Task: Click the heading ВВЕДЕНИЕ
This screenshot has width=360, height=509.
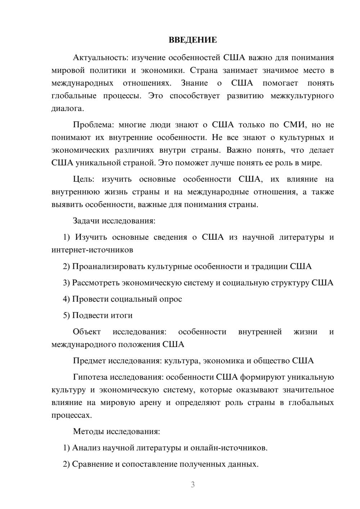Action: (x=193, y=40)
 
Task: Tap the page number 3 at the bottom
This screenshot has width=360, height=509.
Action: (x=193, y=485)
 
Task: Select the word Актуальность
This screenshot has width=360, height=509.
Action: (x=100, y=58)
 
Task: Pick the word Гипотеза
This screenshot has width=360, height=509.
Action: (x=90, y=377)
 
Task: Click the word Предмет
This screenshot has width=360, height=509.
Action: (x=89, y=361)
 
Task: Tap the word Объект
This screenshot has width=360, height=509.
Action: (x=87, y=332)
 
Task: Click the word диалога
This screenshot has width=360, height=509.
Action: (x=67, y=109)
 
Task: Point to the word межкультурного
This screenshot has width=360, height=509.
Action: (x=302, y=96)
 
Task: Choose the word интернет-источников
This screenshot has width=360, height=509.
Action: (x=92, y=250)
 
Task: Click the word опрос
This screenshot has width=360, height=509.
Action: (x=171, y=299)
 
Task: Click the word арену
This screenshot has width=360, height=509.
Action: (x=150, y=403)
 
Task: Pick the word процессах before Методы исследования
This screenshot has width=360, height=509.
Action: (x=71, y=415)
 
